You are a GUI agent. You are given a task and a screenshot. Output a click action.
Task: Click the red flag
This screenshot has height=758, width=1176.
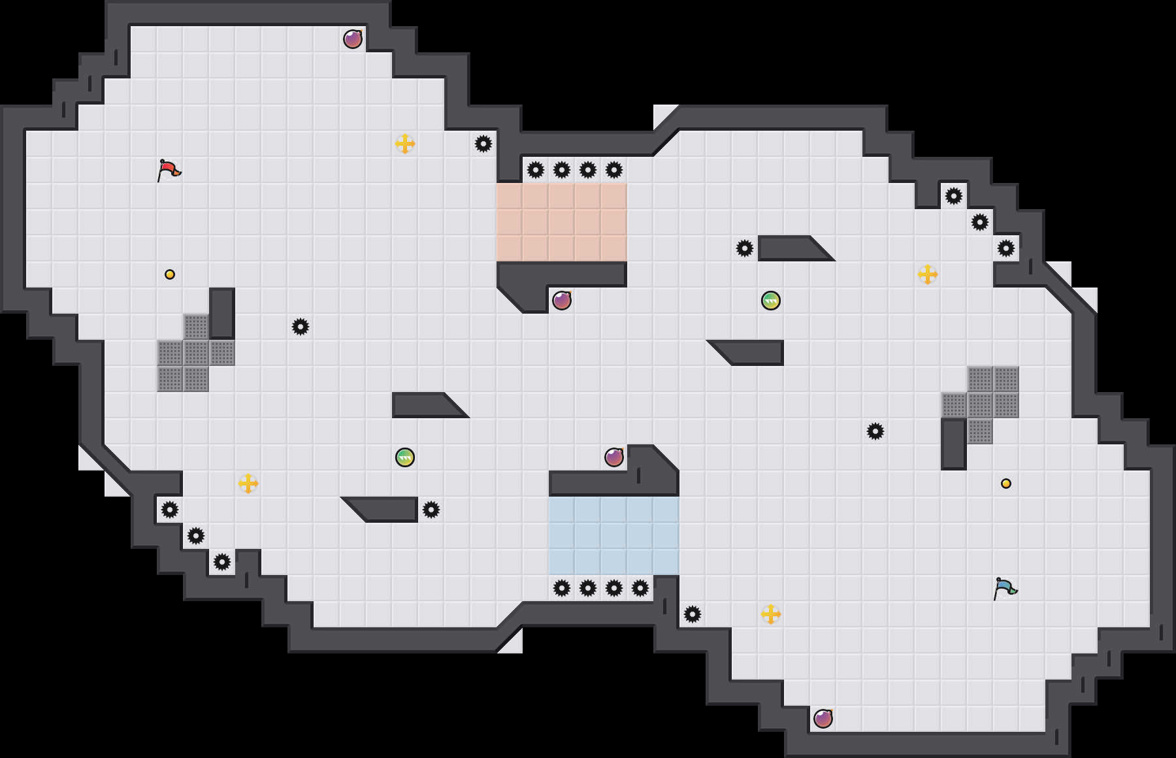pyautogui.click(x=169, y=170)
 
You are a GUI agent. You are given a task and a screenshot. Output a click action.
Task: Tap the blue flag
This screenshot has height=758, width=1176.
pyautogui.click(x=1005, y=588)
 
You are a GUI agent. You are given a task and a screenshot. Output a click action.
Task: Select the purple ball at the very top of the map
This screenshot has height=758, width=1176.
pyautogui.click(x=353, y=39)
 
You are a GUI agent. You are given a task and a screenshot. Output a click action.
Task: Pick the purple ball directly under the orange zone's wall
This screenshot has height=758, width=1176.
pyautogui.click(x=562, y=301)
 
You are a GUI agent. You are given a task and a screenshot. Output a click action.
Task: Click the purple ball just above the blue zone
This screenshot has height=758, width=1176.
pyautogui.click(x=614, y=457)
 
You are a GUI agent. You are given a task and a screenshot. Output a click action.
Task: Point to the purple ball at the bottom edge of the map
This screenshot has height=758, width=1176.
pyautogui.click(x=823, y=719)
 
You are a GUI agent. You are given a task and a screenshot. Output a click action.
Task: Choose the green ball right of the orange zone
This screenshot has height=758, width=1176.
pyautogui.click(x=771, y=301)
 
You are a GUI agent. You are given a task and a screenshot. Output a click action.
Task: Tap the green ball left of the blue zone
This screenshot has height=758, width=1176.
pyautogui.click(x=405, y=457)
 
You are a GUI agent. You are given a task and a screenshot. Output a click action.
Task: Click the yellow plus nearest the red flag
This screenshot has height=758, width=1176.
pyautogui.click(x=405, y=144)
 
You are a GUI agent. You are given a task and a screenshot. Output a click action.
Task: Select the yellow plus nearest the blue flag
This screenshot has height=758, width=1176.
pyautogui.click(x=771, y=614)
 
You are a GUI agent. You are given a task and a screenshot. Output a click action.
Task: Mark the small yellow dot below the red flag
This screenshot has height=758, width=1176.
pyautogui.click(x=170, y=274)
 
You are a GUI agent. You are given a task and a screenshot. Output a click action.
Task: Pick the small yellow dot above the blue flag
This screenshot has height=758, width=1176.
pyautogui.click(x=1006, y=484)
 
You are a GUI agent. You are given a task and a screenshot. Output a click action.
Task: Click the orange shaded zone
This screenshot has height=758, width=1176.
pyautogui.click(x=562, y=222)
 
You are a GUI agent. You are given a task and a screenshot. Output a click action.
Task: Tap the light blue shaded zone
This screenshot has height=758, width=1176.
pyautogui.click(x=614, y=536)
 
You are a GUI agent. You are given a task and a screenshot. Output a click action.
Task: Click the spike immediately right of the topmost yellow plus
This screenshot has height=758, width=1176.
pyautogui.click(x=483, y=144)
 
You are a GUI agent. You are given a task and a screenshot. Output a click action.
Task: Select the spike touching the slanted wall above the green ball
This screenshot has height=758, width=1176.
pyautogui.click(x=745, y=248)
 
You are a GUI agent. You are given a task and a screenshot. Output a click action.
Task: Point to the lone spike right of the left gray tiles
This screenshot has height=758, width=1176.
pyautogui.click(x=301, y=327)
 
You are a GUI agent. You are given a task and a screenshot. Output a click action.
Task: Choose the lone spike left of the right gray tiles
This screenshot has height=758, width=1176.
pyautogui.click(x=875, y=431)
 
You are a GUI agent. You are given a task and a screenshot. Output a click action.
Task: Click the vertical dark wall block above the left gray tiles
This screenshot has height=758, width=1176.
pyautogui.click(x=222, y=314)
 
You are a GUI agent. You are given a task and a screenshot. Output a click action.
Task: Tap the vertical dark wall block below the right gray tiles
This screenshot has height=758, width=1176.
pyautogui.click(x=954, y=444)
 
